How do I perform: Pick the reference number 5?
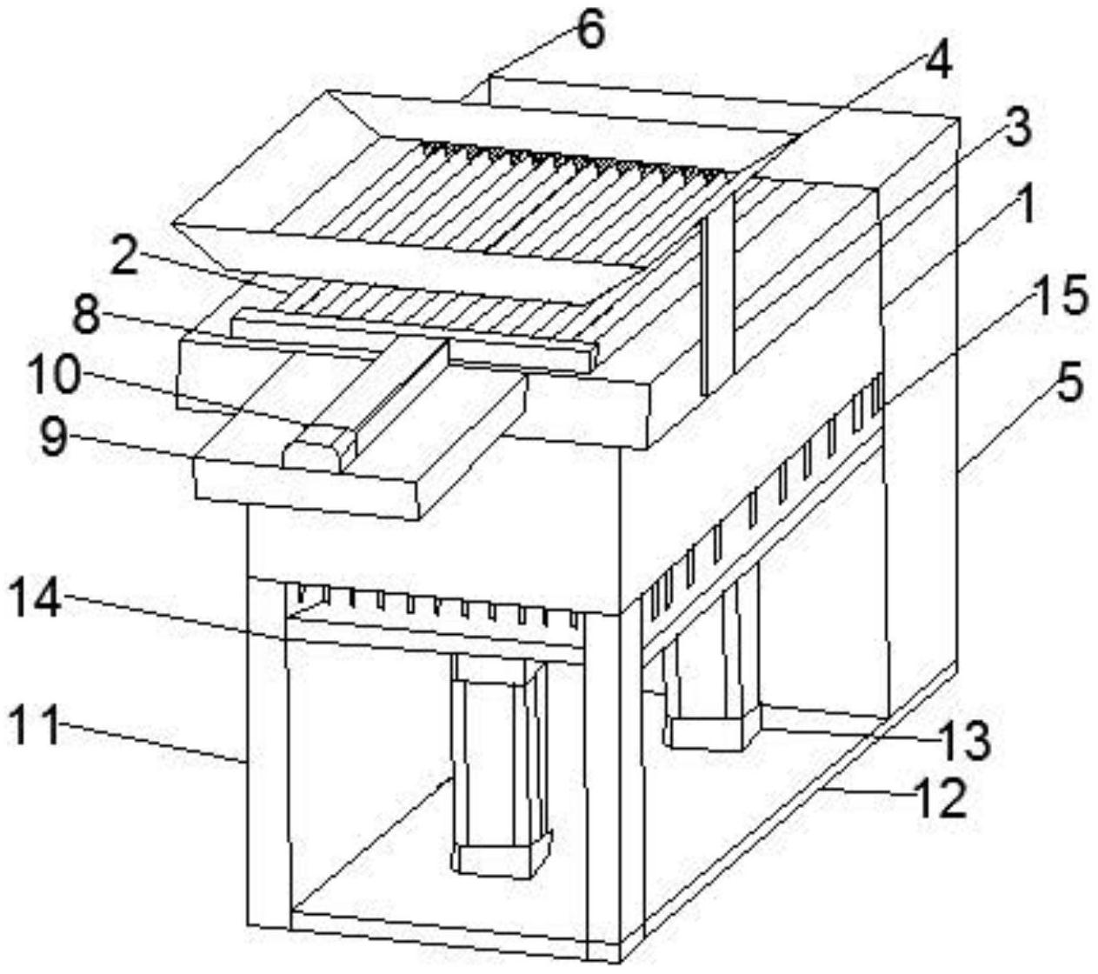pyautogui.click(x=1068, y=381)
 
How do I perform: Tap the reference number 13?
pyautogui.click(x=967, y=741)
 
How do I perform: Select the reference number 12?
pyautogui.click(x=942, y=797)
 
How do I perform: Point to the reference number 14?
pyautogui.click(x=36, y=599)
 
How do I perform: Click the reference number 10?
pyautogui.click(x=54, y=376)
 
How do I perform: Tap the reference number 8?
pyautogui.click(x=84, y=316)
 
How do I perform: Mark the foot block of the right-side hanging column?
pyautogui.click(x=709, y=732)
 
